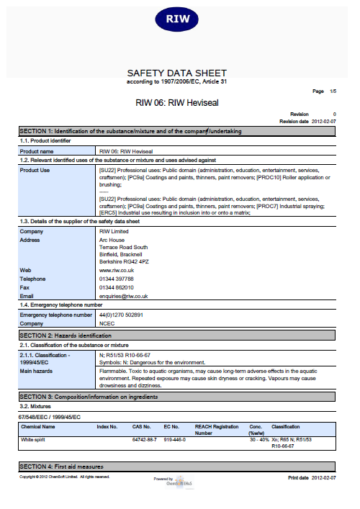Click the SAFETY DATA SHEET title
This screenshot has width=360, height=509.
176,73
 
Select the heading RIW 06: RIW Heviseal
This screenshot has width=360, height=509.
177,103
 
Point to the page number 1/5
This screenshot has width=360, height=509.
331,92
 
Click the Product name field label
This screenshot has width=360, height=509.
37,152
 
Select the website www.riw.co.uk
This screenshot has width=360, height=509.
118,269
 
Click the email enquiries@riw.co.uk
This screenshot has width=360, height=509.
123,296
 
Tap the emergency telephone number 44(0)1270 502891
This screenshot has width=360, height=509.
121,315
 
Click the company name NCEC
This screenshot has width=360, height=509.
107,324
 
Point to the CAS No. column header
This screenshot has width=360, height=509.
142,426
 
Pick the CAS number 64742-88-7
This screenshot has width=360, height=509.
144,439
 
